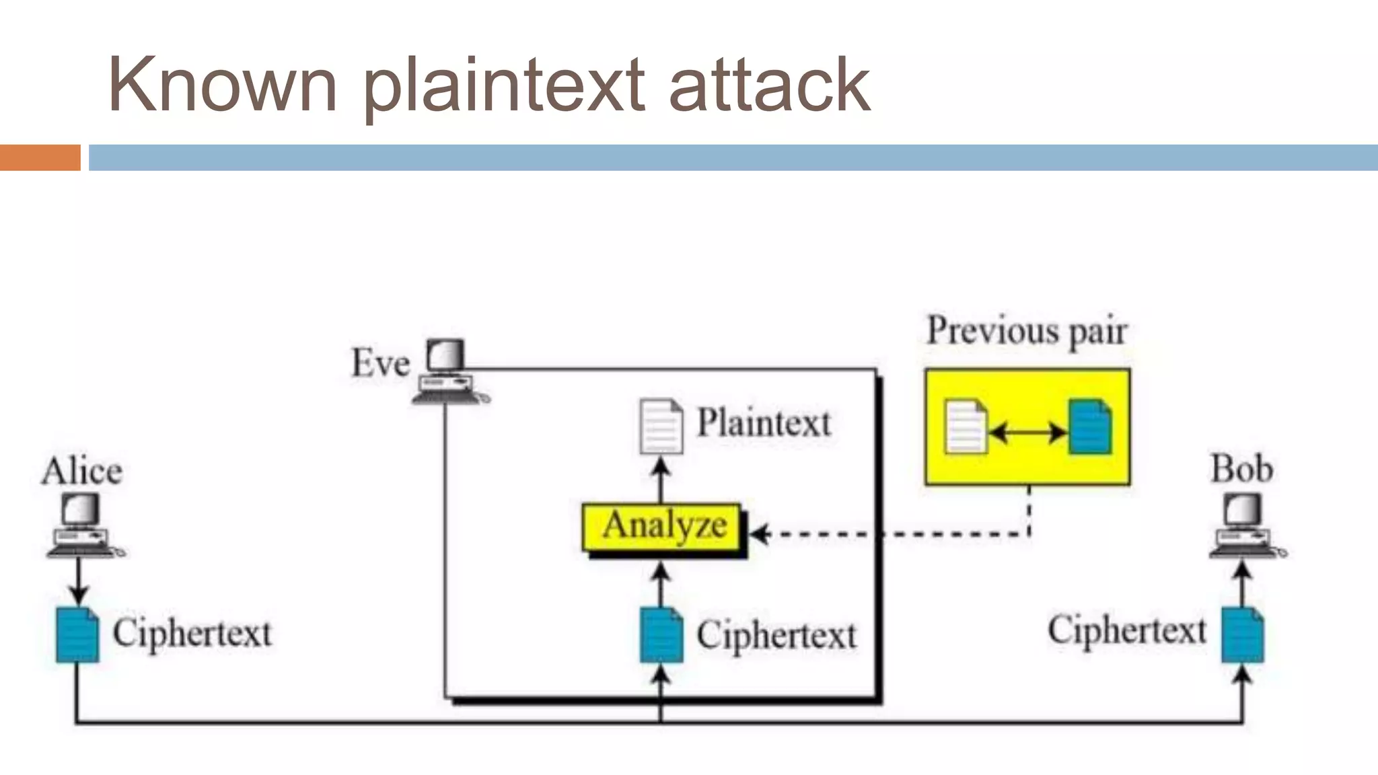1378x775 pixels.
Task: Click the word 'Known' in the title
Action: [x=222, y=85]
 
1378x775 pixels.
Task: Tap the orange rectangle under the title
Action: [x=40, y=157]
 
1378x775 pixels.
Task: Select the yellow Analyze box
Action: [x=663, y=525]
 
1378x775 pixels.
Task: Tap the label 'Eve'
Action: [x=380, y=363]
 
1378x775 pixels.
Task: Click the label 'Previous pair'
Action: [x=1027, y=332]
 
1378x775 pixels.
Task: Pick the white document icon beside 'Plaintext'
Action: [x=661, y=427]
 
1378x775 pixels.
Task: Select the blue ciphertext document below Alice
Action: [x=77, y=635]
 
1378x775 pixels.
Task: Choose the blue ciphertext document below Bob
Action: [x=1243, y=635]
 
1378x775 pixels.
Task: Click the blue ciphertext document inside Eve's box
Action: [x=661, y=635]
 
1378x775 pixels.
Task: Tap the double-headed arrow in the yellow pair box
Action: [x=1027, y=432]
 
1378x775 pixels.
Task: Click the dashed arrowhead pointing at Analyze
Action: [x=759, y=534]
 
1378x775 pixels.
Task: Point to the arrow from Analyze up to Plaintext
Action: [x=661, y=479]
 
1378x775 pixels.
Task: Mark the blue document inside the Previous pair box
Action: [x=1090, y=427]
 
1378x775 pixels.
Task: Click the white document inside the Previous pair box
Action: [x=966, y=427]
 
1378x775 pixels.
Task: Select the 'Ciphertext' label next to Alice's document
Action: [x=192, y=633]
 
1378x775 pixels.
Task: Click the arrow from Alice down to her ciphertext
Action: [x=78, y=581]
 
